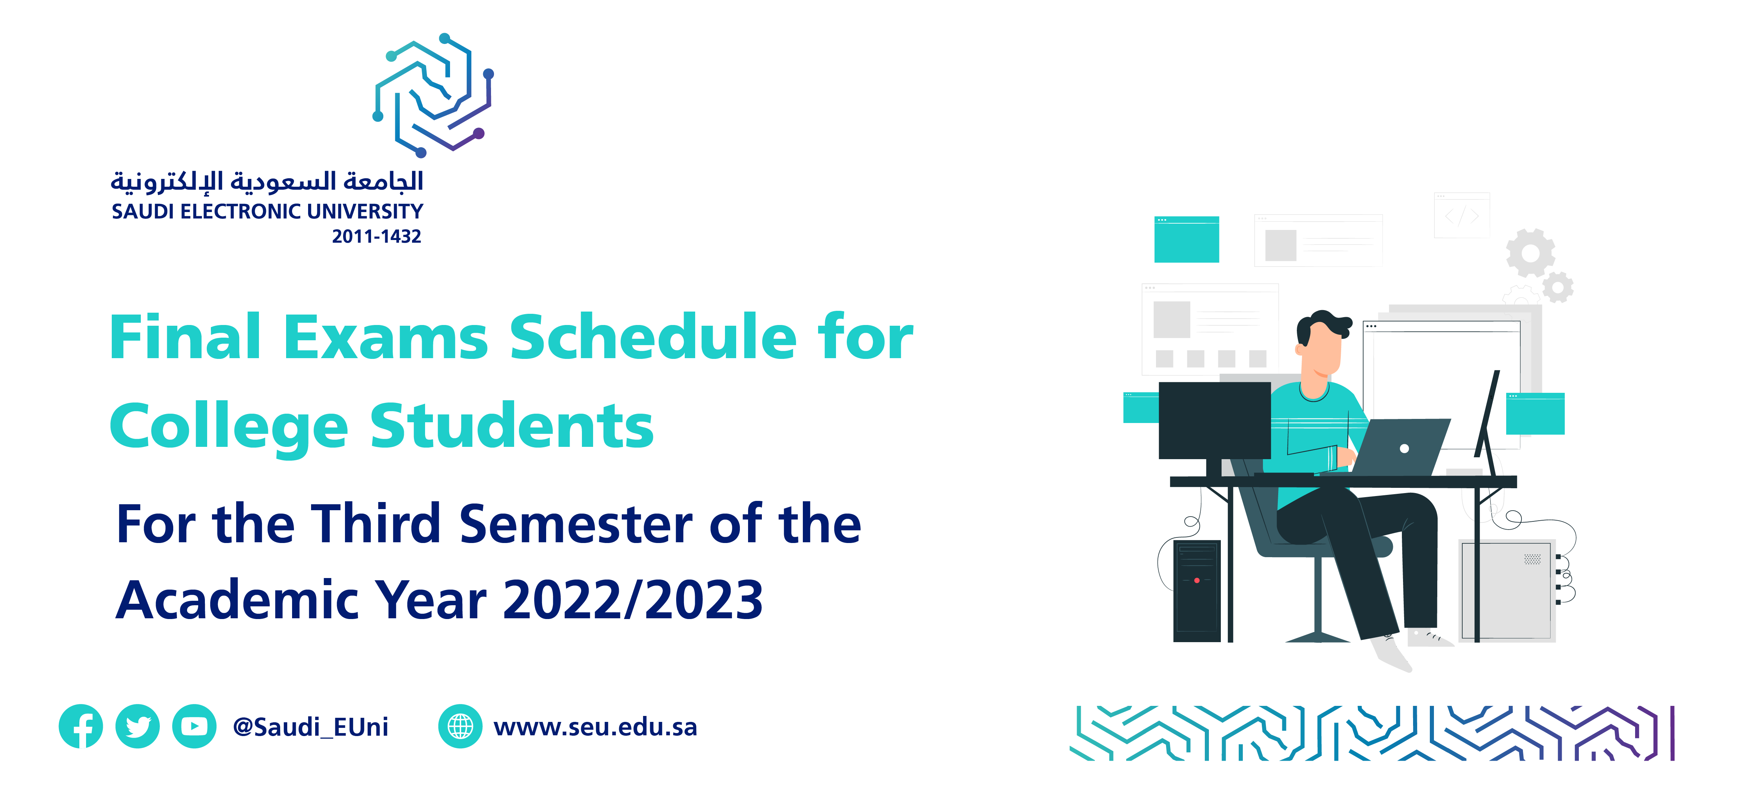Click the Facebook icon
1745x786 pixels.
(80, 726)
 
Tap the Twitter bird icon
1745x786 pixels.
(137, 726)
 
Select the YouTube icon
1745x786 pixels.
(194, 726)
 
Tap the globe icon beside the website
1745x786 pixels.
(460, 726)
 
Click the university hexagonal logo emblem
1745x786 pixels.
(434, 95)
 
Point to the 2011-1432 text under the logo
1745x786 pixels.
(377, 237)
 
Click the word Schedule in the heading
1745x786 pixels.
(653, 337)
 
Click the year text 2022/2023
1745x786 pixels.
(633, 600)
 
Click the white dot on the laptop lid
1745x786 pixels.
(1404, 449)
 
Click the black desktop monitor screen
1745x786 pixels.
(1214, 420)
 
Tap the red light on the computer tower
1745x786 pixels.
(1197, 581)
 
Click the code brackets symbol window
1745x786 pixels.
(1462, 215)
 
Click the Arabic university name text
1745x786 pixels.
(267, 180)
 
